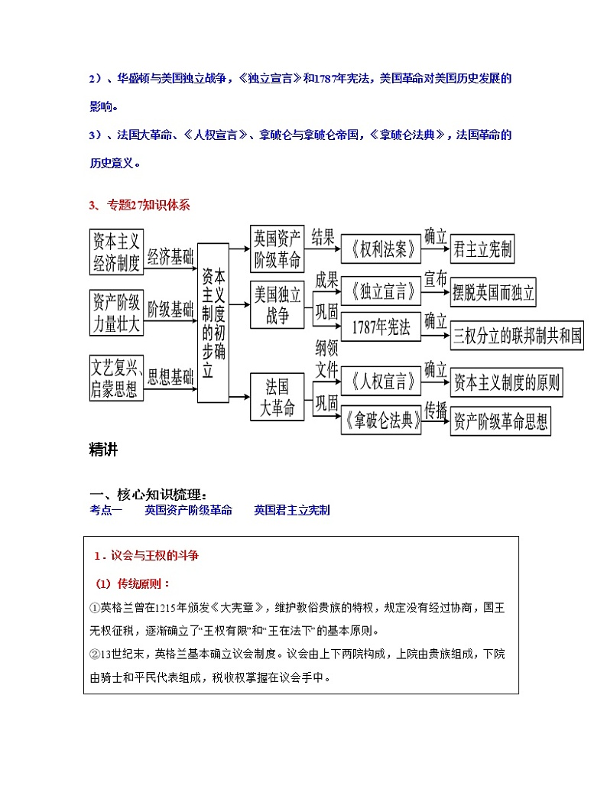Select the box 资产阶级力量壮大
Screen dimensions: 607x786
click(116, 312)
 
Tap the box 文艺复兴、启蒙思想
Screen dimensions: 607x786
click(116, 378)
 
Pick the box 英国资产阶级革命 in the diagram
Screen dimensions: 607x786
click(277, 248)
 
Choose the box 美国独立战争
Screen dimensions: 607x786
click(277, 304)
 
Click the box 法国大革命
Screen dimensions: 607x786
click(277, 396)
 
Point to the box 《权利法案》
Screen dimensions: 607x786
click(380, 248)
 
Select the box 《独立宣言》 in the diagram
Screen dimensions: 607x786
click(380, 292)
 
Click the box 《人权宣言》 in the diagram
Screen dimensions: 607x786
click(380, 381)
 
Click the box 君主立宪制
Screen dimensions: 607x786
click(483, 249)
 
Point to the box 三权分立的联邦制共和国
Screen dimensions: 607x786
click(517, 335)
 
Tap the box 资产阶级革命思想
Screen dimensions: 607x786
click(501, 422)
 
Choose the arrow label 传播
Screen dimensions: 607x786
click(435, 410)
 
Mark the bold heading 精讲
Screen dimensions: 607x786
click(104, 450)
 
